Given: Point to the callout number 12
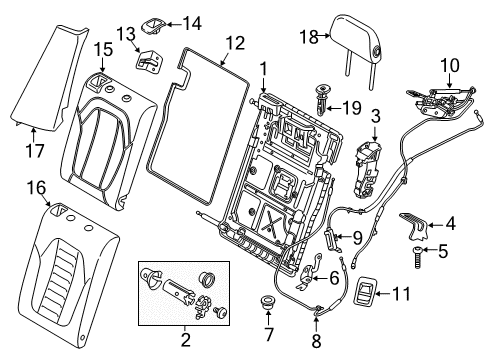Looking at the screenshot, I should tap(233, 43).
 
